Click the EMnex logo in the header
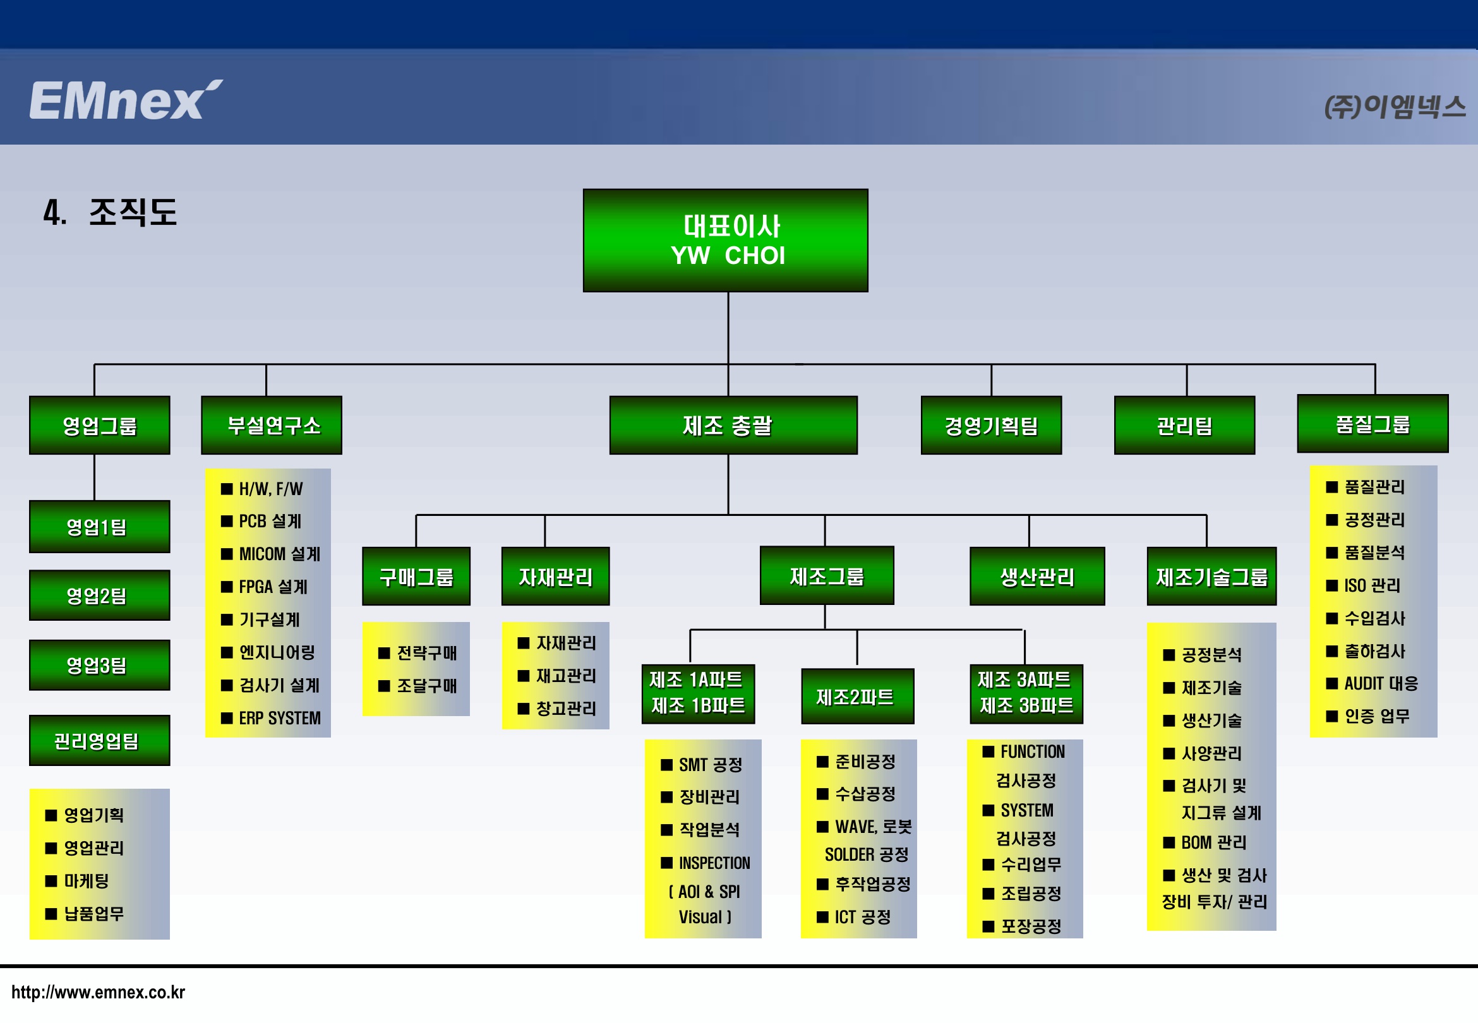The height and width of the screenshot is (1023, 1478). point(126,100)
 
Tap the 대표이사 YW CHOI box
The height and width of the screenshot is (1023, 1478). point(726,241)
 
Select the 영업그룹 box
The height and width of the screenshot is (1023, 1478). point(99,425)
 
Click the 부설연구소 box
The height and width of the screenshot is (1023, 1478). point(272,425)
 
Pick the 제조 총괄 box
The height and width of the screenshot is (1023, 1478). point(733,425)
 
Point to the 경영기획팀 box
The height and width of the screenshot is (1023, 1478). point(991,425)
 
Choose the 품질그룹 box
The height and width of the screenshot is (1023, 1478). point(1373,424)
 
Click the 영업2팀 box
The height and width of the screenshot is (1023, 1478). point(99,595)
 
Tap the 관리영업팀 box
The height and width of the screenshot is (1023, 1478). point(99,740)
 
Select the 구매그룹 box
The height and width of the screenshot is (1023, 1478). point(416,577)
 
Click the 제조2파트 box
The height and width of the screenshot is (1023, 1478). point(858,697)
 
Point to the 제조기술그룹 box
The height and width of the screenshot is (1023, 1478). point(1211,577)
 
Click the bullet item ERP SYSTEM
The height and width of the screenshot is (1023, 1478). point(270,719)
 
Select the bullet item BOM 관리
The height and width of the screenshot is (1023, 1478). point(1205,842)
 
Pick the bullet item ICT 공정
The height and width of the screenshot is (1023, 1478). point(854,918)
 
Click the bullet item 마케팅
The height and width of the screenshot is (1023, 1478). point(77,881)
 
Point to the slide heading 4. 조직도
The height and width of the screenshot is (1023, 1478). point(110,212)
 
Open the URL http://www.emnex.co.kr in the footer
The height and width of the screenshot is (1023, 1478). point(98,992)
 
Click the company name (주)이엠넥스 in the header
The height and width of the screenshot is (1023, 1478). point(1395,106)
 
